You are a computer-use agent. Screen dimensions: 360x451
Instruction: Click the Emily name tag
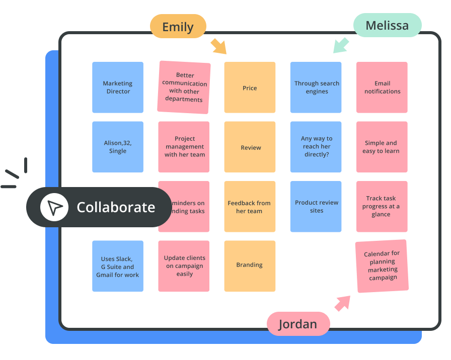(x=178, y=27)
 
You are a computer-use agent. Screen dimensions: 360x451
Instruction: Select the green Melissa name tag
(x=387, y=26)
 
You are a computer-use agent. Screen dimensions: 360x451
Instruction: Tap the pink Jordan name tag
(x=298, y=324)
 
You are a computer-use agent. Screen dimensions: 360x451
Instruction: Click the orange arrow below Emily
(x=218, y=46)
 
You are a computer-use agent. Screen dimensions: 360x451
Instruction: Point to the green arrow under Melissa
(x=341, y=45)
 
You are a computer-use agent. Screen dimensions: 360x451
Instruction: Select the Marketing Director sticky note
(x=118, y=87)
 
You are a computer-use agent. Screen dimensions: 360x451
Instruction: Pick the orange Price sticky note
(x=250, y=87)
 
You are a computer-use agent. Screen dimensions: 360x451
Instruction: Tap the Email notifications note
(x=382, y=87)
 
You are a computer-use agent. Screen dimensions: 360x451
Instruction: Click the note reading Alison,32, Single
(x=118, y=147)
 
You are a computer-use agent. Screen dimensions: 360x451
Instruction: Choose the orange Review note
(x=250, y=147)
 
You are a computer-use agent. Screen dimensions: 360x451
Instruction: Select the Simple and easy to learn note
(x=382, y=147)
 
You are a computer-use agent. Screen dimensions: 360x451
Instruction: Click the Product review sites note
(x=316, y=206)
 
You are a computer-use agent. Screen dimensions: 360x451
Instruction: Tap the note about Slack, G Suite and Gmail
(x=118, y=266)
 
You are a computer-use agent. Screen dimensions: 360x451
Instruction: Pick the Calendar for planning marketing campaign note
(x=382, y=266)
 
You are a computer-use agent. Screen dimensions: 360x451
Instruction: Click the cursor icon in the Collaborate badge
(x=54, y=207)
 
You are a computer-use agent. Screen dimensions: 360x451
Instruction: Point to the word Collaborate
(x=116, y=207)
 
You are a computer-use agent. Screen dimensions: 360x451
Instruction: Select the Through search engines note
(x=316, y=87)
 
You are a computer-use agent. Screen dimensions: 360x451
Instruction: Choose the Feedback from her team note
(x=250, y=206)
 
